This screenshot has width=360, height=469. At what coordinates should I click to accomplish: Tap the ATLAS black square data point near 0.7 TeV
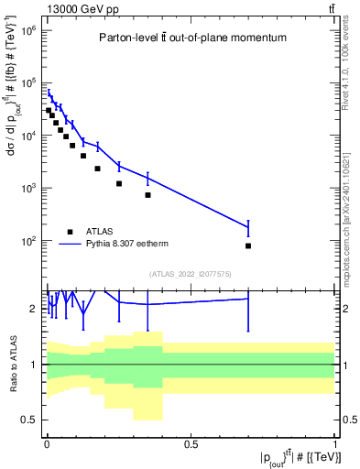point(248,245)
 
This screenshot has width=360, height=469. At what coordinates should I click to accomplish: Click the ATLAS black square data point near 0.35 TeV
point(147,195)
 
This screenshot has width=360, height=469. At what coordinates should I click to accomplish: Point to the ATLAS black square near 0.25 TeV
point(119,183)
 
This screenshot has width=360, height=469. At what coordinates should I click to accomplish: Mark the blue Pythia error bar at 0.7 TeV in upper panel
point(248,226)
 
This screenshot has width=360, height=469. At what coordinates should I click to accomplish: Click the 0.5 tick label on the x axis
point(191,443)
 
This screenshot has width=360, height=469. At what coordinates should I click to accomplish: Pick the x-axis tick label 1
point(335,443)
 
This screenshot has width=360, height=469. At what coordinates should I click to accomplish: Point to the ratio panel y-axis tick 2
point(33,309)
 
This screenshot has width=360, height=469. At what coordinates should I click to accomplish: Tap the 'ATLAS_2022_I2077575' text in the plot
point(191,274)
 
